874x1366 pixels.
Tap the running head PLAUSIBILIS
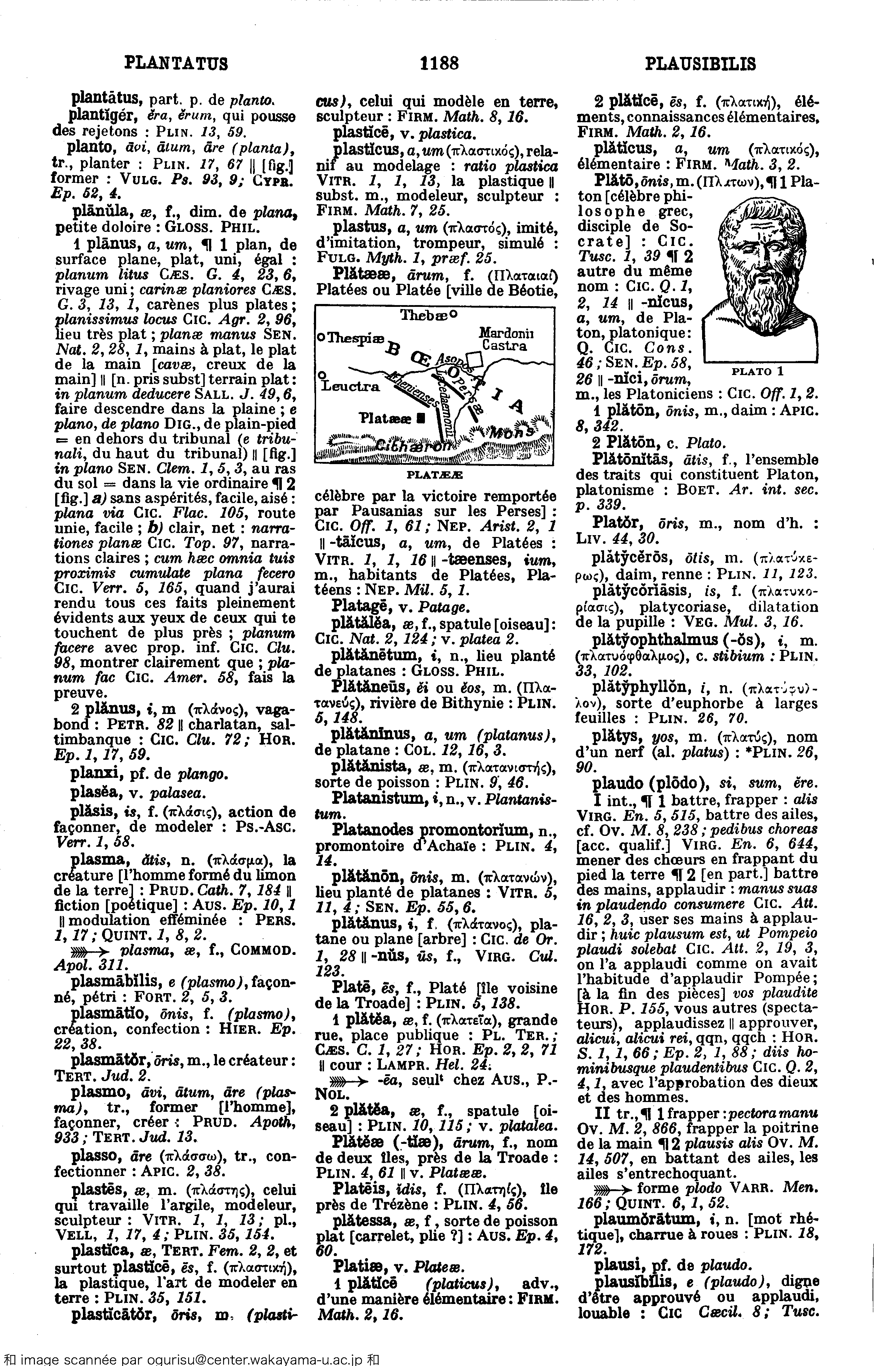(700, 63)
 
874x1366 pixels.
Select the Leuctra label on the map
(350, 386)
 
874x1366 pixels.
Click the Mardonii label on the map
(506, 333)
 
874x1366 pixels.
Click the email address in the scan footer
(215, 1359)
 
